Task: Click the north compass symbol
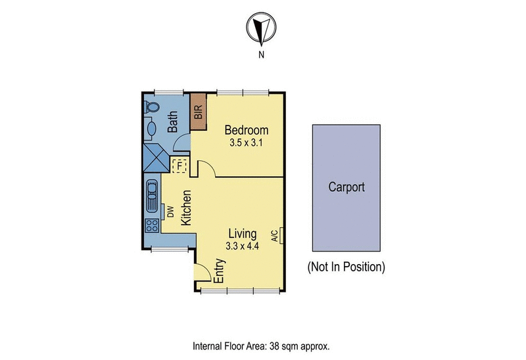(x=261, y=29)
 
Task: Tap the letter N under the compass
(x=261, y=55)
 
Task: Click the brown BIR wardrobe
(x=199, y=112)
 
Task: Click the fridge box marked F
(x=179, y=166)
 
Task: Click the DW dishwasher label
(x=170, y=211)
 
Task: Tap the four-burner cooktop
(x=151, y=225)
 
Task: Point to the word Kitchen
(x=186, y=208)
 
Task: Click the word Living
(x=243, y=233)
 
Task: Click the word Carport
(x=346, y=187)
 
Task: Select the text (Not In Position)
(x=345, y=267)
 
